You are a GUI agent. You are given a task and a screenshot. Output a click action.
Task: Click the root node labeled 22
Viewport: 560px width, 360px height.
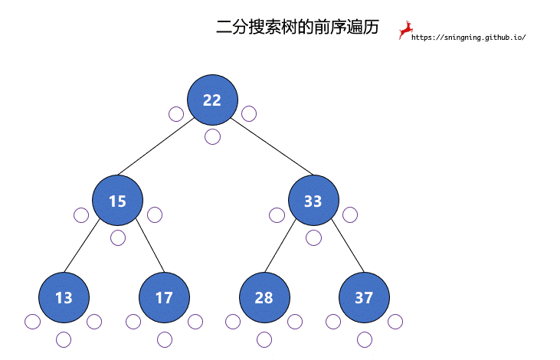click(x=212, y=100)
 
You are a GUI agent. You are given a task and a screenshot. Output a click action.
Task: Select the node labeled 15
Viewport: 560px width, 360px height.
click(x=117, y=201)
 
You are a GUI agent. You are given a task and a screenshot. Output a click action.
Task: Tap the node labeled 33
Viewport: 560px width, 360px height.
click(x=313, y=201)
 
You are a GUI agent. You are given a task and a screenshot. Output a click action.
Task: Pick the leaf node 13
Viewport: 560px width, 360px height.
click(x=64, y=297)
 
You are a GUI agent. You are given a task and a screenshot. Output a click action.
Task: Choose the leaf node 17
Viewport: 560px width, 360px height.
click(x=164, y=297)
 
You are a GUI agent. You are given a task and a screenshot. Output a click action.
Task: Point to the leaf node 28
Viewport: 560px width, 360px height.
click(x=264, y=297)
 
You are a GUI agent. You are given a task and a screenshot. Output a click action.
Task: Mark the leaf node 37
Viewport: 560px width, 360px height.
click(x=365, y=297)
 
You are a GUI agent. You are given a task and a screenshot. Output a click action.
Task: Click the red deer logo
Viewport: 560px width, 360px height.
click(x=406, y=30)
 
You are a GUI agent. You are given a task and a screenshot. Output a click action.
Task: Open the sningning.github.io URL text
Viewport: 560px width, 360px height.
click(x=469, y=37)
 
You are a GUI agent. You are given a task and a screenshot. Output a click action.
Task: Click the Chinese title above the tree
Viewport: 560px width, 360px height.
click(x=297, y=27)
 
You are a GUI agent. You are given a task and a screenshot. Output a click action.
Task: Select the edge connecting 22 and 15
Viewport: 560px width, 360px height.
click(x=156, y=146)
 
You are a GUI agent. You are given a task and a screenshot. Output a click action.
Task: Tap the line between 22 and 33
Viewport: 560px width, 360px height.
click(x=272, y=146)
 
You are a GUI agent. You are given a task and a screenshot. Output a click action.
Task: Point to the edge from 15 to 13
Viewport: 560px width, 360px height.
click(x=82, y=246)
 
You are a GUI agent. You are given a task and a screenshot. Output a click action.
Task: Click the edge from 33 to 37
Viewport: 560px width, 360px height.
click(x=348, y=246)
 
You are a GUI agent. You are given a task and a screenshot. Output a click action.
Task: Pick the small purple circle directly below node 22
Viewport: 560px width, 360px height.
click(x=212, y=137)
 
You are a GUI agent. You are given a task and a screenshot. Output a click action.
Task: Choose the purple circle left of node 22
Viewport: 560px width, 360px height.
click(x=176, y=114)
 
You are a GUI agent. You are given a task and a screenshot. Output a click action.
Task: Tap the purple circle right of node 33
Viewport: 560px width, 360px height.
click(x=350, y=215)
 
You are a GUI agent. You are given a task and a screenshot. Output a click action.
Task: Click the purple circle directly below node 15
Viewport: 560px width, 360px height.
click(x=118, y=238)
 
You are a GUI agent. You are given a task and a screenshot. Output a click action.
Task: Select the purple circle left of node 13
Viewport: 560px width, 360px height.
click(x=32, y=322)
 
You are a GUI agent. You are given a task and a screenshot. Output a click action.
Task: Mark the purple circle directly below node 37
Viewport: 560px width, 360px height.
click(x=365, y=339)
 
